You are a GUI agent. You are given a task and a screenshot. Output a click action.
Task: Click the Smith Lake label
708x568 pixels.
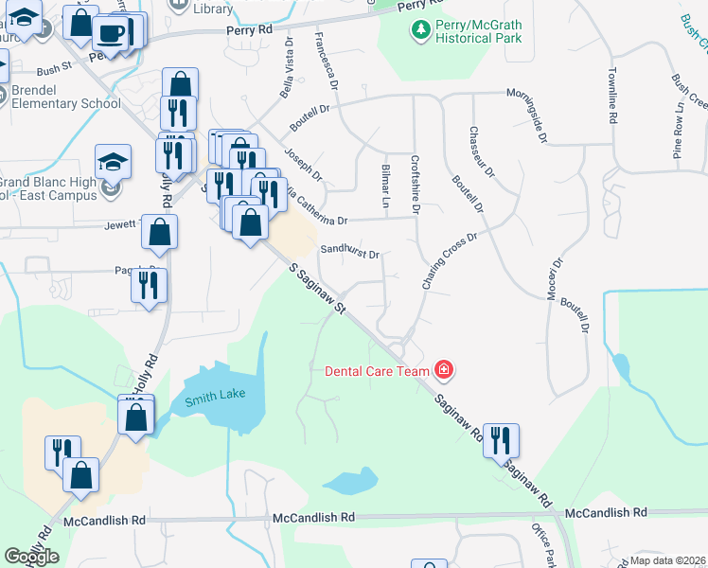[x=212, y=399]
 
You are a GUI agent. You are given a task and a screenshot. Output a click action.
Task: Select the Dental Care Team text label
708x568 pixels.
[x=378, y=371]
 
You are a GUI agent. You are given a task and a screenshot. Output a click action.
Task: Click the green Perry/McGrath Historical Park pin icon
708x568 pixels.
[x=420, y=30]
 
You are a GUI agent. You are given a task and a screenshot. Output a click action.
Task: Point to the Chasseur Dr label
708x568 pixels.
[x=482, y=151]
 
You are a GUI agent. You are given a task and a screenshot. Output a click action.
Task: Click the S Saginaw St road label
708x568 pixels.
[x=317, y=292]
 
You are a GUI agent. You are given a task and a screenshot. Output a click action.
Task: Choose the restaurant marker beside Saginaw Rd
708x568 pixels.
[x=500, y=439]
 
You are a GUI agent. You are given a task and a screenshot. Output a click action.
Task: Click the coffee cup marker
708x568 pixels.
[x=110, y=35]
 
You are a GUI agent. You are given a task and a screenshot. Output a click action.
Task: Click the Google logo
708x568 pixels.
[x=32, y=557]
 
